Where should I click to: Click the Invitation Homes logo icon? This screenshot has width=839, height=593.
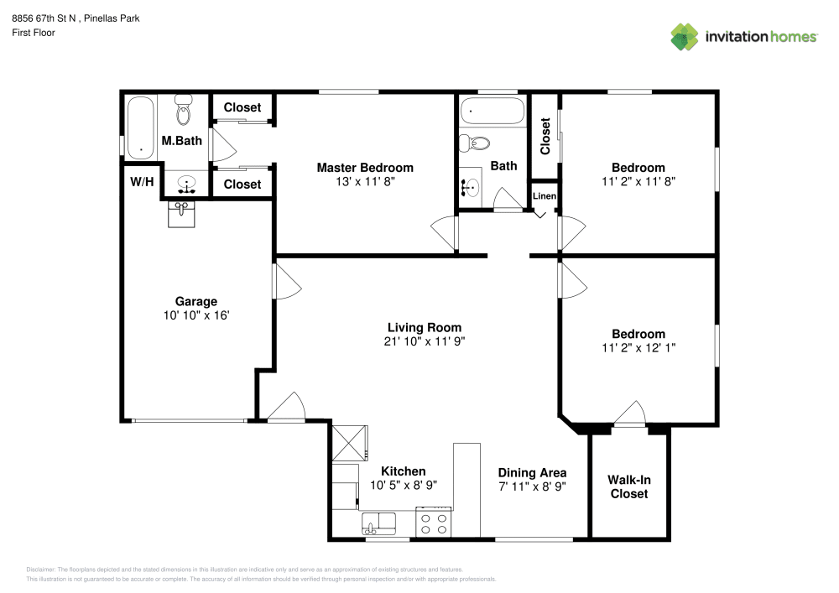coord(685,36)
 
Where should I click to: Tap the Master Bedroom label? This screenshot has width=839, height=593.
coord(364,168)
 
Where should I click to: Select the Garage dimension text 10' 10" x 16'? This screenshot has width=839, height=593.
coord(196,315)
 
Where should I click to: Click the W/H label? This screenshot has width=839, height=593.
coord(142,182)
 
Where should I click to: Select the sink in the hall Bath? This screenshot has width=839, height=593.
coord(472,186)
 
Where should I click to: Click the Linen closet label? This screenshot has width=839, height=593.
coord(545,196)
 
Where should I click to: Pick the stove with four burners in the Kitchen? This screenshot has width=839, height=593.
coord(433,524)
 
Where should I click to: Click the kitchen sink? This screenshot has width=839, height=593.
coord(379,525)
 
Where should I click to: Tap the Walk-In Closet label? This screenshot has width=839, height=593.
coord(628,487)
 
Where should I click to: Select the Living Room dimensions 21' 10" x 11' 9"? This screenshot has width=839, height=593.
coord(424,341)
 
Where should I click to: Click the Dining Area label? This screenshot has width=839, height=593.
coord(531,472)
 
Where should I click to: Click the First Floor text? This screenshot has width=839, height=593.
coord(33,33)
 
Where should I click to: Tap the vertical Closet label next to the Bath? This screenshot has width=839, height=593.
coord(545,136)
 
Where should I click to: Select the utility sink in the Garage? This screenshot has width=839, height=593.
coord(181,214)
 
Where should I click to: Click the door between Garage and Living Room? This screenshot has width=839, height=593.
coord(285,281)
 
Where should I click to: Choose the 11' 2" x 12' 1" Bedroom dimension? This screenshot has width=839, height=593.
coord(638,347)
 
